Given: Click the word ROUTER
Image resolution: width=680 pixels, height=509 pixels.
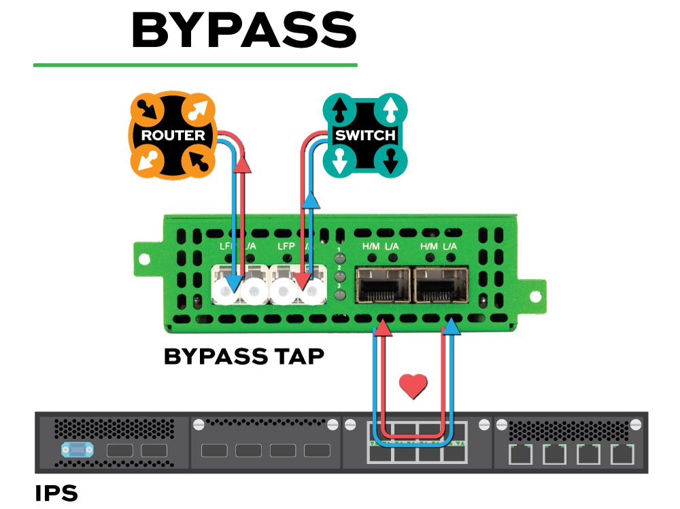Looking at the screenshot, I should (173, 135).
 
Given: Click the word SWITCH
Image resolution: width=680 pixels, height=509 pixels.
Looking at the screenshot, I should (365, 135).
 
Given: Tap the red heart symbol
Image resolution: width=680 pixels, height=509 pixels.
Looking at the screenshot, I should (413, 386).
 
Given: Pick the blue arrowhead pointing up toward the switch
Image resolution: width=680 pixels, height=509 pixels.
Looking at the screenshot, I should (310, 199).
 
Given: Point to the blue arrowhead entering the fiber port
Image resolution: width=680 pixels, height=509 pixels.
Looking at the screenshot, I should (233, 282).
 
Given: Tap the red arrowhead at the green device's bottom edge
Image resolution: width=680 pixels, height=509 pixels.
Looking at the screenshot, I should (383, 328).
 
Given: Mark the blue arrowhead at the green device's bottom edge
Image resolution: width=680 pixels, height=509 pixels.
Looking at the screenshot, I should (451, 328).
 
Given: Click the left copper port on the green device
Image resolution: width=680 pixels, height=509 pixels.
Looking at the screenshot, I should (383, 285).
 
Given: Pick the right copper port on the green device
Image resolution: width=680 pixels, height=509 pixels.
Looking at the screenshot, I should (441, 285).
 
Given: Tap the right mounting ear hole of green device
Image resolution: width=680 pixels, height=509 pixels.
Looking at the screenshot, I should (535, 296).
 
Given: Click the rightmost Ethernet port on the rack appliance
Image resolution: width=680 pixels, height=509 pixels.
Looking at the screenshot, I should (622, 454).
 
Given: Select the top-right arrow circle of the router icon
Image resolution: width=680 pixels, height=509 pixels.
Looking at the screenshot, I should (199, 109).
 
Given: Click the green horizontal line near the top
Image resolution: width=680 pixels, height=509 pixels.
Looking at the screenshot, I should (195, 65).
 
